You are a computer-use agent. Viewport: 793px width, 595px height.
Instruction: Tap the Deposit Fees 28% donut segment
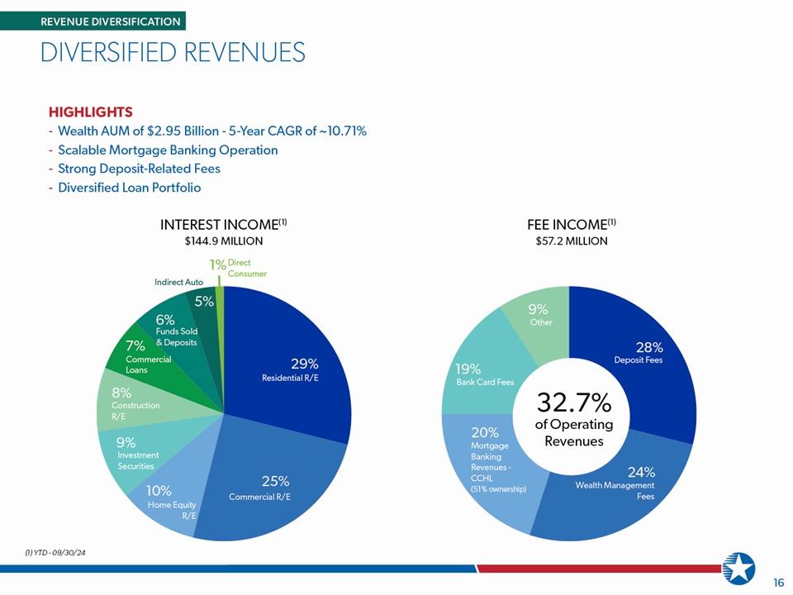point(643,355)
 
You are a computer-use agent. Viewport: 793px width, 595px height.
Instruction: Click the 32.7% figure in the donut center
point(574,402)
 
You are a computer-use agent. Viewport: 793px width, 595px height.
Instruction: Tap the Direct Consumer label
point(247,268)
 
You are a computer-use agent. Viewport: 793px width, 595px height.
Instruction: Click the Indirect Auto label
point(179,282)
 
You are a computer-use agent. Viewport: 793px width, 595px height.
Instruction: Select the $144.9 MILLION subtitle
point(224,240)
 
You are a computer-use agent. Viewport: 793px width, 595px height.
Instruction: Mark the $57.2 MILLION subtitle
point(572,240)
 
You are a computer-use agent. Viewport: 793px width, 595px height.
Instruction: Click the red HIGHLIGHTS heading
point(91,112)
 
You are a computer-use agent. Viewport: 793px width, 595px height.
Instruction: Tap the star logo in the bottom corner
point(738,569)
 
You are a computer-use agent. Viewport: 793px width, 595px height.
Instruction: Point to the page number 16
point(779,583)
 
